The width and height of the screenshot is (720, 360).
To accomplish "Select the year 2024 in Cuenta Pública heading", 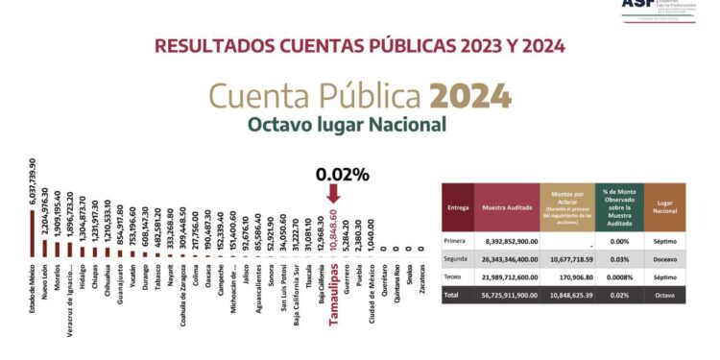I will pyautogui.click(x=470, y=96).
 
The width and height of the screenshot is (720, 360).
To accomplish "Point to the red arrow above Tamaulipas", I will pyautogui.click(x=333, y=193).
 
